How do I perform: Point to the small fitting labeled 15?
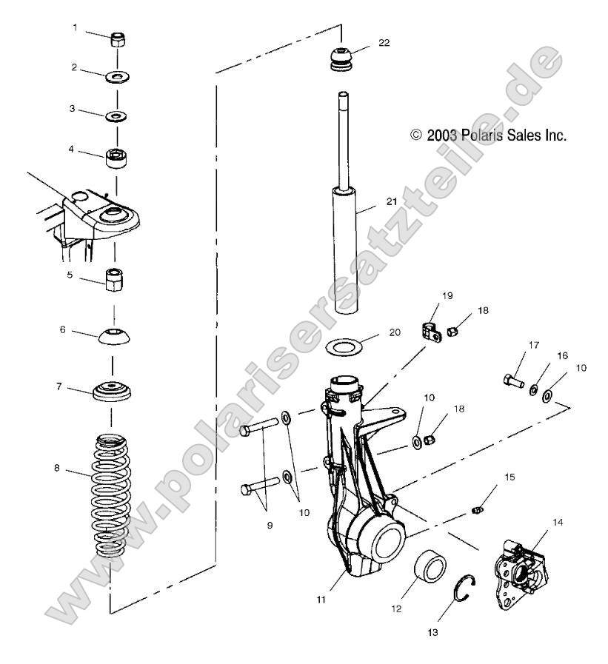pyautogui.click(x=478, y=509)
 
